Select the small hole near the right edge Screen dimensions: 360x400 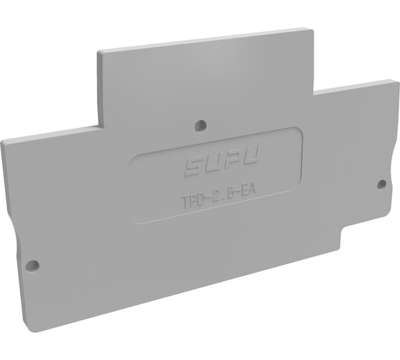[381, 184]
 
